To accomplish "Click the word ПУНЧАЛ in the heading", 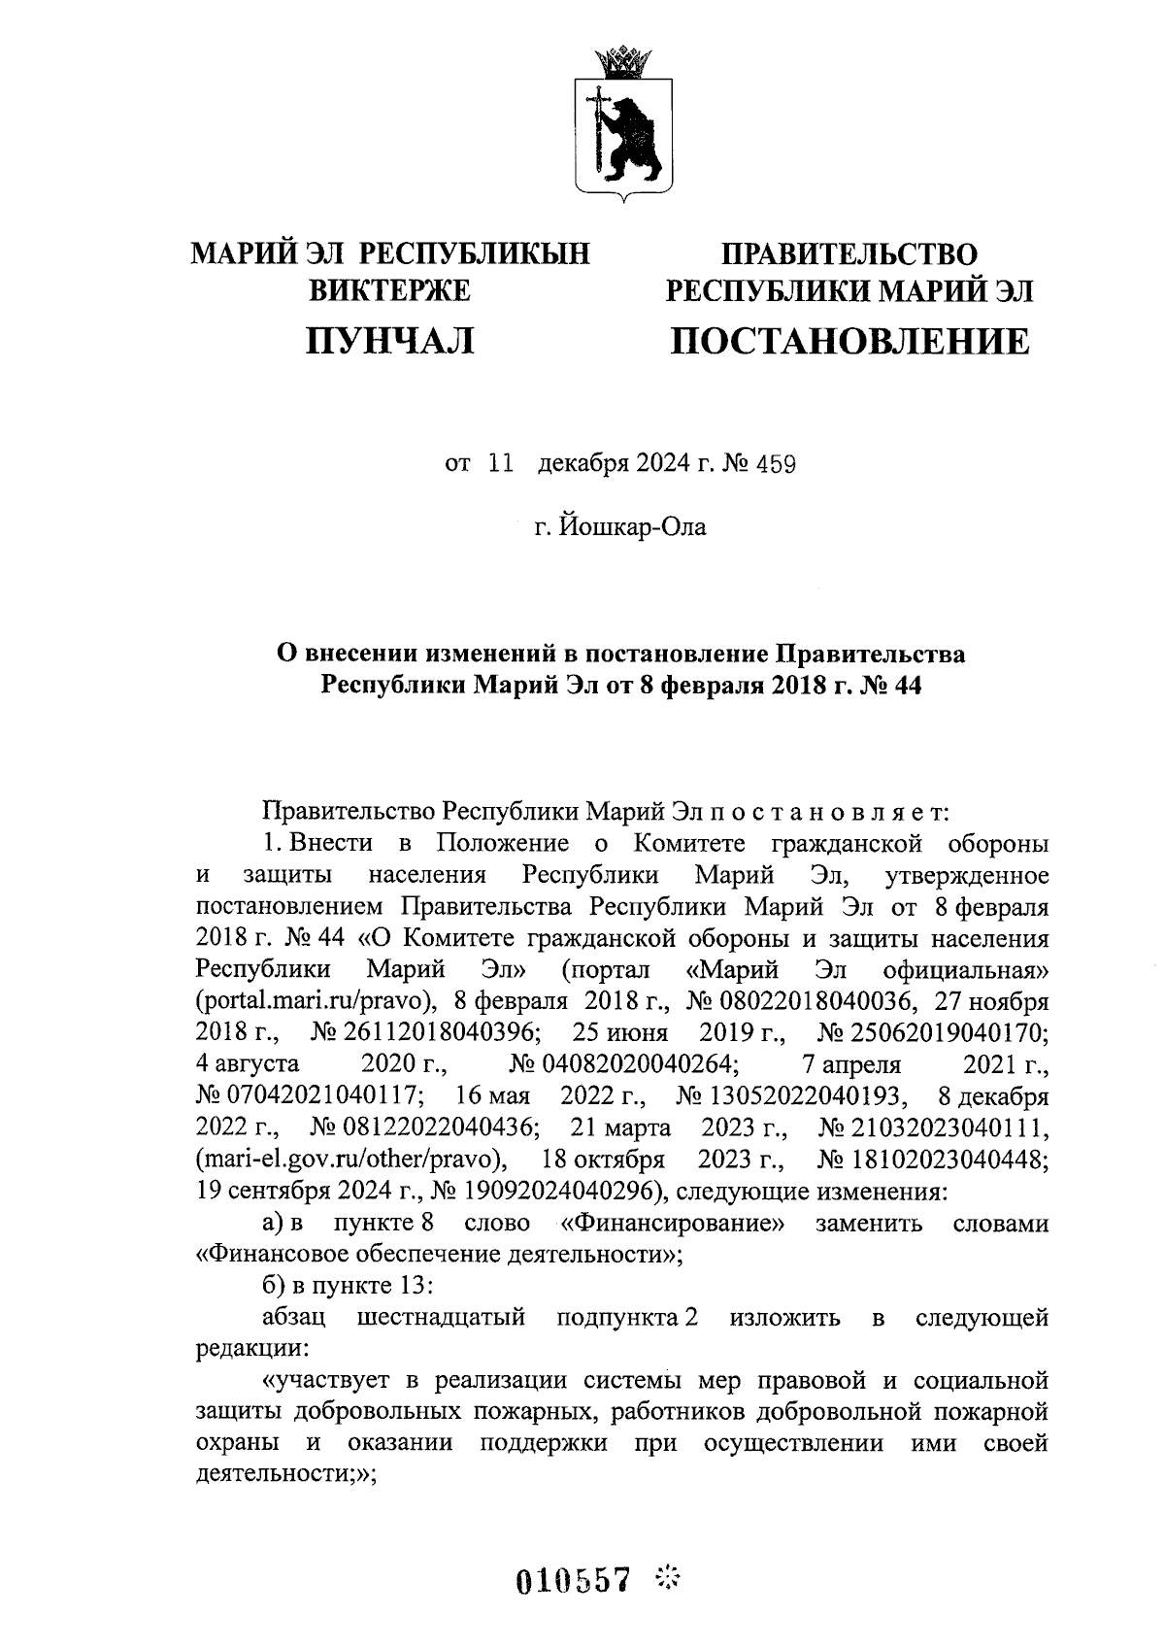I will tap(390, 341).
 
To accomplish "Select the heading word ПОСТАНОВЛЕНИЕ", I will tap(849, 341).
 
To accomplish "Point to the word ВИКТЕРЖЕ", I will tap(389, 290).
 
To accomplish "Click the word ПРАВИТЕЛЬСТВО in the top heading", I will tap(849, 254).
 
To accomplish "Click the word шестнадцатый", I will tap(442, 1318).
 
